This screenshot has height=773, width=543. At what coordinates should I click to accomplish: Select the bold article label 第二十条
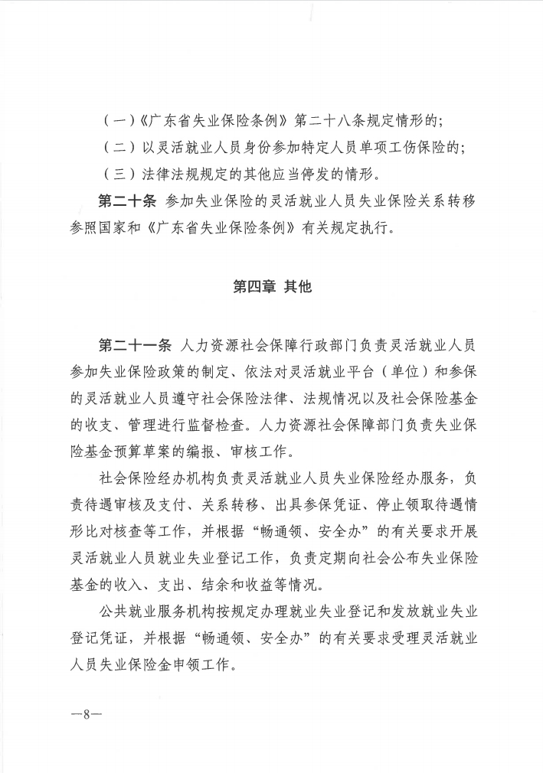[x=127, y=201]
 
